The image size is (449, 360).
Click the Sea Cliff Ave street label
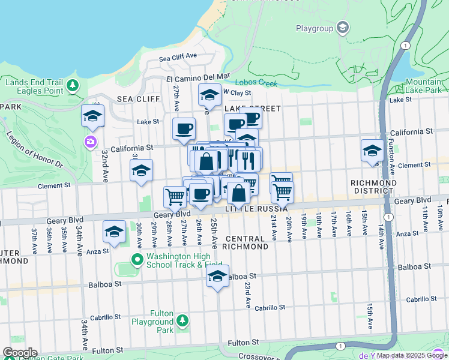[178, 58]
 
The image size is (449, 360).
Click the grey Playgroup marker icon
[343, 28]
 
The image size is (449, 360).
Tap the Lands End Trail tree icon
[73, 86]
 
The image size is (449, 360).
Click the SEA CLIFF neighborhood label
[139, 99]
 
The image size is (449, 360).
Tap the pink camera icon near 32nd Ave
[91, 142]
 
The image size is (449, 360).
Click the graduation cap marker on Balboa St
[218, 276]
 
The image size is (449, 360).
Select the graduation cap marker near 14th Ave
[372, 149]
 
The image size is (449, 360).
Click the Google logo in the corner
[20, 353]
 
